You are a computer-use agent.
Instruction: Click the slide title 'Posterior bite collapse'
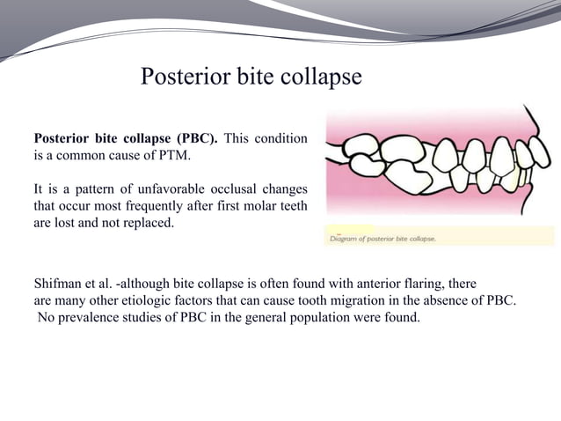(251, 78)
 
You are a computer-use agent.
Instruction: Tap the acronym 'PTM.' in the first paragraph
(171, 156)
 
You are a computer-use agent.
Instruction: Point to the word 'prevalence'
(91, 317)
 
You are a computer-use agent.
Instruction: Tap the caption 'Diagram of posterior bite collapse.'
(383, 238)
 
